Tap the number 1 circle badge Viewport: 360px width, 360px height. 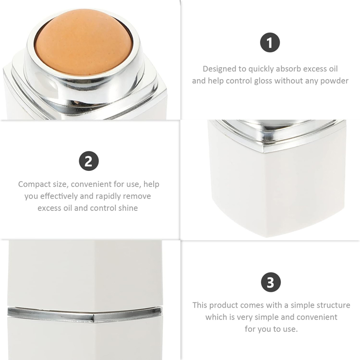(x=270, y=43)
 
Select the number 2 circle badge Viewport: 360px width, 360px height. (x=88, y=161)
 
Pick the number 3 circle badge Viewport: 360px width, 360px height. (x=270, y=282)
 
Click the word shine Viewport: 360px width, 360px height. (x=127, y=208)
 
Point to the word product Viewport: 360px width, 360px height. (x=231, y=305)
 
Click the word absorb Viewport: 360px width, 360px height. (x=285, y=69)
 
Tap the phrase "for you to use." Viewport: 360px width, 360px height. (x=271, y=329)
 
